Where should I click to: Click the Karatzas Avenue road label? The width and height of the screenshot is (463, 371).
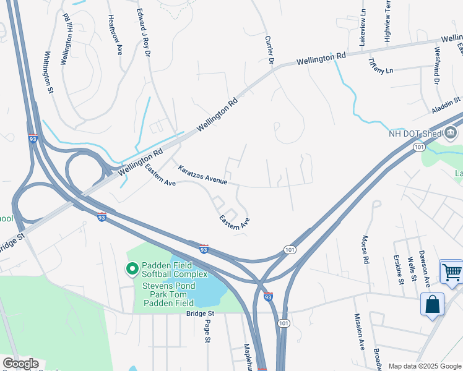pyautogui.click(x=202, y=175)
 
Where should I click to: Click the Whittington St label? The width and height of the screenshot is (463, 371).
pyautogui.click(x=48, y=73)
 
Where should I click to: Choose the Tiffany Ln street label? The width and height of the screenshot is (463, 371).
pyautogui.click(x=381, y=66)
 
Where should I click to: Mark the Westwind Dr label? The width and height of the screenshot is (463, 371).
pyautogui.click(x=437, y=66)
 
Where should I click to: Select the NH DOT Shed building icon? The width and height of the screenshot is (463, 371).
pyautogui.click(x=450, y=132)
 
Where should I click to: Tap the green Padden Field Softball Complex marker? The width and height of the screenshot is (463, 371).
pyautogui.click(x=131, y=268)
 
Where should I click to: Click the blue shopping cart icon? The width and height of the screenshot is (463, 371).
pyautogui.click(x=451, y=271)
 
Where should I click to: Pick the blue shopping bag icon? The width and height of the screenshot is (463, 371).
pyautogui.click(x=431, y=304)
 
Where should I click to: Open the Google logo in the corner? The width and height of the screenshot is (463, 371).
pyautogui.click(x=20, y=364)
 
